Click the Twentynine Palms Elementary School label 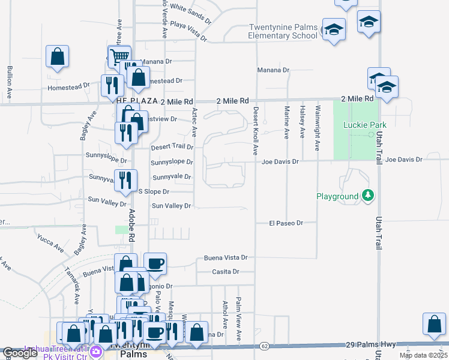pyautogui.click(x=283, y=31)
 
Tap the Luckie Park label pyautogui.click(x=365, y=125)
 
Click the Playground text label pyautogui.click(x=337, y=196)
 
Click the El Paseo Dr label pyautogui.click(x=286, y=223)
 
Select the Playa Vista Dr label pyautogui.click(x=188, y=29)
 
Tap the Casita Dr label pyautogui.click(x=226, y=272)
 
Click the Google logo pyautogui.click(x=20, y=353)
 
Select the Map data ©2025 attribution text pyautogui.click(x=423, y=355)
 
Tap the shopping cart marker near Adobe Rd pyautogui.click(x=119, y=56)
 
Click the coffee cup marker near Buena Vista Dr pyautogui.click(x=155, y=263)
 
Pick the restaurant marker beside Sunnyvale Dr pyautogui.click(x=125, y=179)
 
